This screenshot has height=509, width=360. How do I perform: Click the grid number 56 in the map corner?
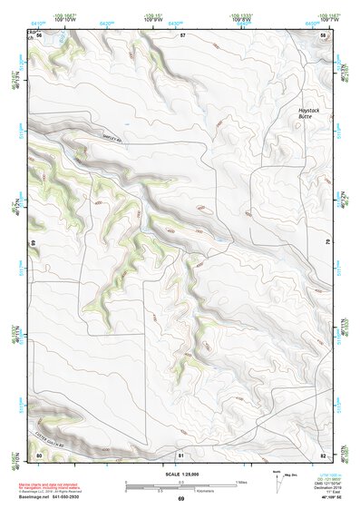tap(39, 34)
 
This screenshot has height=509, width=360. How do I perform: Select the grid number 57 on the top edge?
tap(181, 34)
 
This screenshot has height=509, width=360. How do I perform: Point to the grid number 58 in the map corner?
tap(324, 34)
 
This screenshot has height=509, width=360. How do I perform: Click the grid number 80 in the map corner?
tap(39, 454)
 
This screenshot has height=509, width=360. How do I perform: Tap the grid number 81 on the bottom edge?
tap(181, 454)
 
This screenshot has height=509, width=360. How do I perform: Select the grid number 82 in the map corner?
tap(324, 454)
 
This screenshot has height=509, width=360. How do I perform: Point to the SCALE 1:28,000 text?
tap(180, 474)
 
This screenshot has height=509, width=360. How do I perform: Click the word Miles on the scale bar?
tap(241, 482)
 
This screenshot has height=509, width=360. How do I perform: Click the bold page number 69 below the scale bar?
tap(180, 499)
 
